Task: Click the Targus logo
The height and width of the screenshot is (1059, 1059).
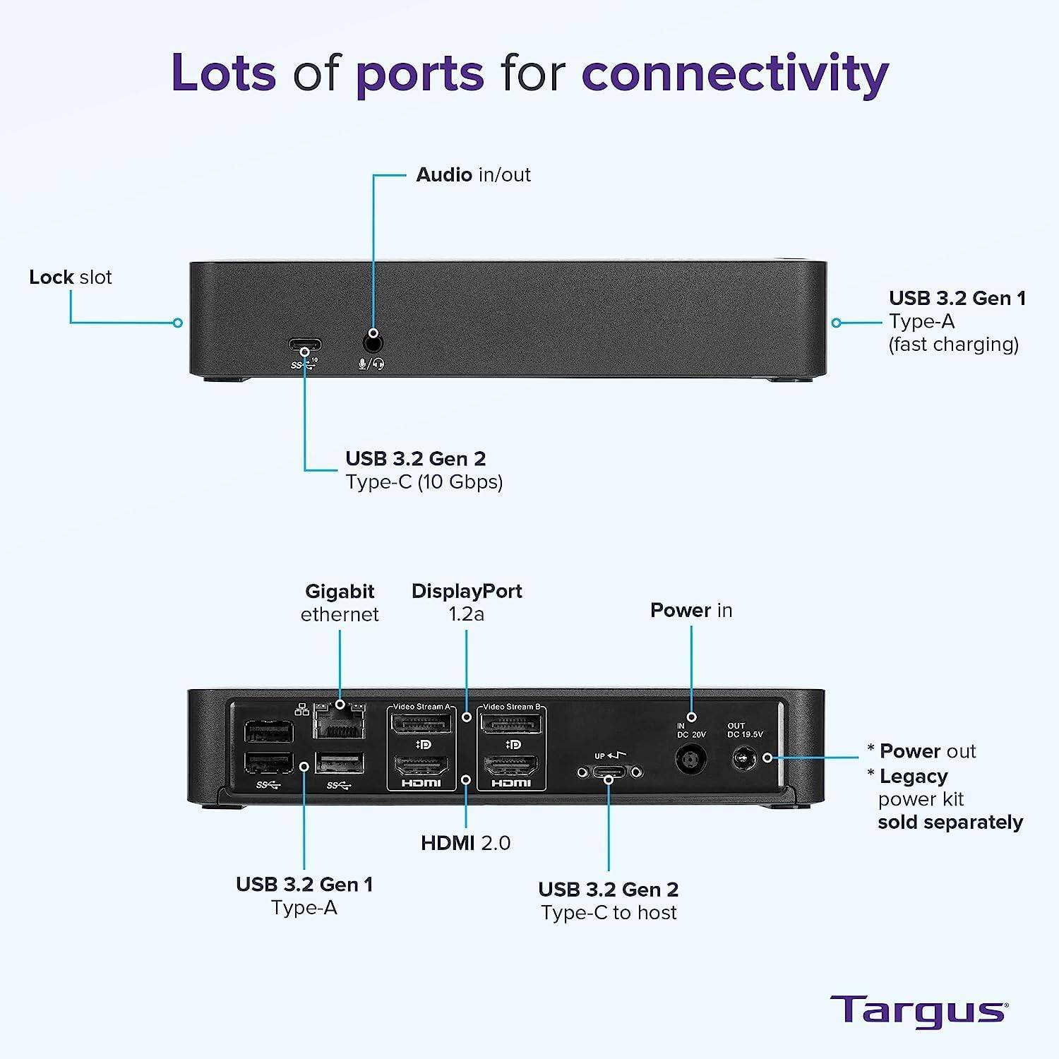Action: coord(919,1011)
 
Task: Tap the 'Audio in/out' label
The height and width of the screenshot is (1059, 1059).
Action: coord(473,174)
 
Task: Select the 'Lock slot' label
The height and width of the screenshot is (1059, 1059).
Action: coord(71,277)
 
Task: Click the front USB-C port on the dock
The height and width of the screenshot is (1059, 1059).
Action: coord(305,347)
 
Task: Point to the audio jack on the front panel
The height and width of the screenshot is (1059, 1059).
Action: coord(373,343)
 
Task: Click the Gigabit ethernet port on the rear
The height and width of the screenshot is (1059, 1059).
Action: coord(340,722)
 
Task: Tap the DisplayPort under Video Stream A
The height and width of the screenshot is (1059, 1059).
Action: coord(421,724)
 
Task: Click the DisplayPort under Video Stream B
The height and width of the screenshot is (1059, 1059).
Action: coord(511,724)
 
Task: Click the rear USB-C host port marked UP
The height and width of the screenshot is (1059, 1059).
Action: coord(609,772)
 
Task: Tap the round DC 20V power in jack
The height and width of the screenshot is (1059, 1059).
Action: coord(691,761)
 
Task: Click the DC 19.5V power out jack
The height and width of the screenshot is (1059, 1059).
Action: coord(743,760)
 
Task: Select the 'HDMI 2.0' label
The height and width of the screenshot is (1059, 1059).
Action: coord(465,842)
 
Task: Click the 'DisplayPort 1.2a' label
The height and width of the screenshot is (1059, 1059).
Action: coord(467,602)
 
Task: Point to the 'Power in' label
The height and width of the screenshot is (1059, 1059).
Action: coord(691,610)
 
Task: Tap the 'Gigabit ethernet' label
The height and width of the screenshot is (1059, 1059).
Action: coord(340,602)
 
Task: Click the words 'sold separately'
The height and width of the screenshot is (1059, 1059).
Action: coord(950,822)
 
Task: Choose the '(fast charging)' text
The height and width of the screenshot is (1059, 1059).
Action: coord(953,345)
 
